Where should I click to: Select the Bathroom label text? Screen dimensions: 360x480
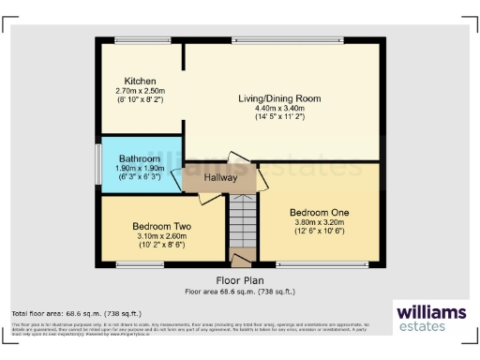139,159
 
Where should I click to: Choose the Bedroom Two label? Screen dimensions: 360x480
161,227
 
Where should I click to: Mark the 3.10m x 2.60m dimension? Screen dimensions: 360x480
161,236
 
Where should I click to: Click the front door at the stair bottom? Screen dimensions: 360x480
242,259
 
